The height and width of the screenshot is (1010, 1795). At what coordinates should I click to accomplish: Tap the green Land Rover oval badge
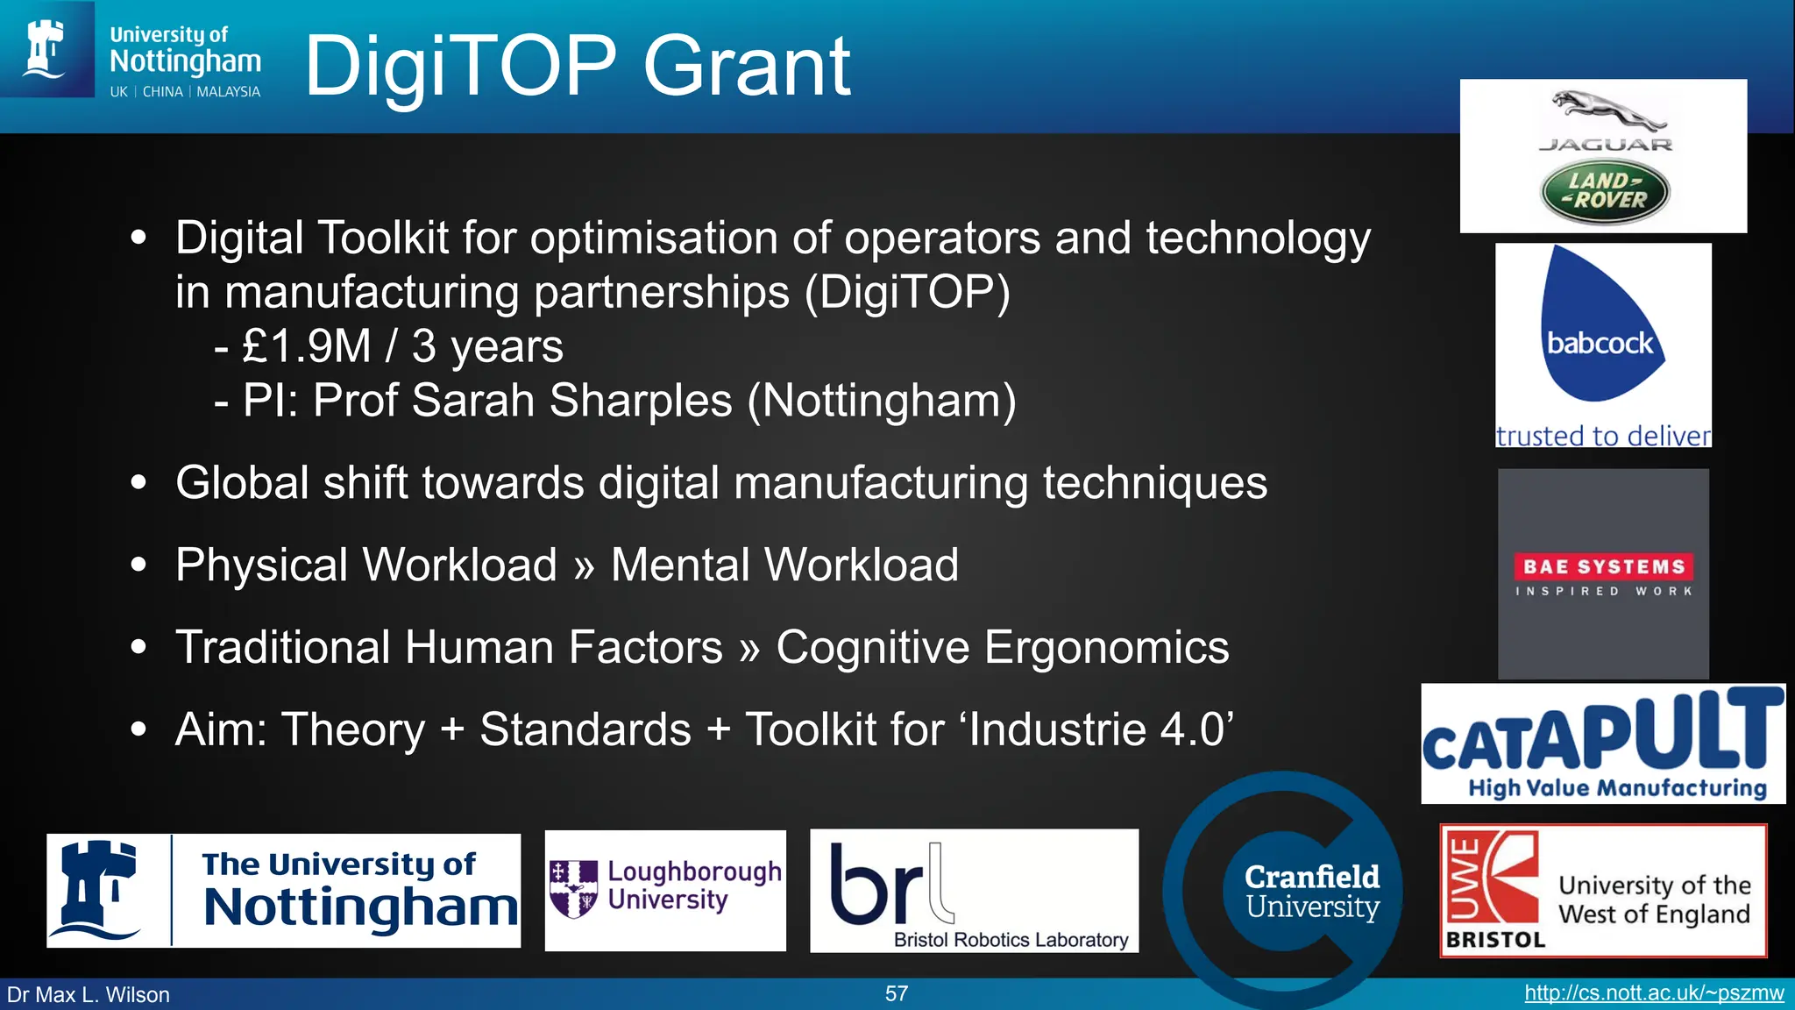point(1605,192)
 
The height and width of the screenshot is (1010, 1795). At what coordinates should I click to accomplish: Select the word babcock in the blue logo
point(1600,343)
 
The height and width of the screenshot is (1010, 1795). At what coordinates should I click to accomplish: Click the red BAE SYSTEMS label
point(1603,566)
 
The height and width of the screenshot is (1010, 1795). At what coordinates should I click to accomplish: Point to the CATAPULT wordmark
point(1603,732)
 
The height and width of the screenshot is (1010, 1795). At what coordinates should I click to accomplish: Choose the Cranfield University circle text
point(1312,891)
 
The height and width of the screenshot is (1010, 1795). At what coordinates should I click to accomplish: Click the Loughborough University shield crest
point(573,888)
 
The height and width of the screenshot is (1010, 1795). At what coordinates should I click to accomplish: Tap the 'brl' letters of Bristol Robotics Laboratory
point(885,884)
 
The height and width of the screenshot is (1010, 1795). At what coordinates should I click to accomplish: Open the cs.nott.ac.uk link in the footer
point(1654,993)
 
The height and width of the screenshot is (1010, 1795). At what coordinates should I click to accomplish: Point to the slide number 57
point(897,993)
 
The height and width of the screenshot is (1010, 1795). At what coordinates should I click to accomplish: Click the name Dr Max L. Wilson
point(89,995)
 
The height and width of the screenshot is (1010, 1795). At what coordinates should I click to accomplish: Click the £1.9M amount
point(306,346)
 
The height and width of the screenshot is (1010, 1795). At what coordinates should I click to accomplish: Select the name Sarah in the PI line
point(473,401)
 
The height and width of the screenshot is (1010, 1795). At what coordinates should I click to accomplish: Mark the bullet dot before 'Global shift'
point(138,482)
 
